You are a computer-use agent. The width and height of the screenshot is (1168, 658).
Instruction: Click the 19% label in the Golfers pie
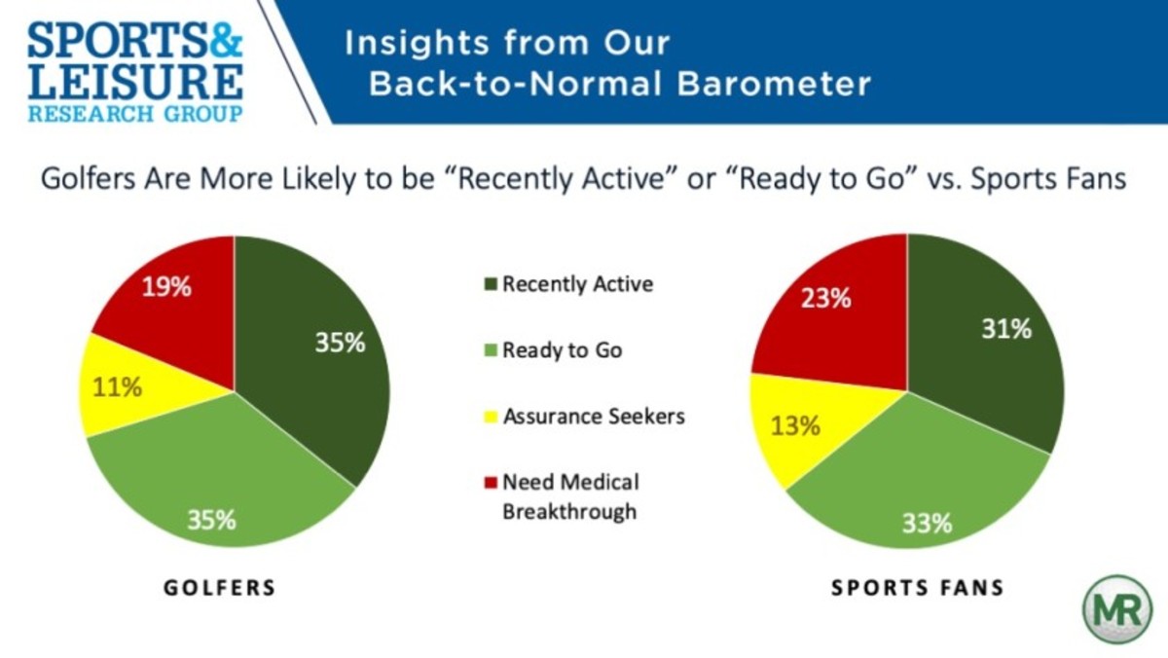[166, 287]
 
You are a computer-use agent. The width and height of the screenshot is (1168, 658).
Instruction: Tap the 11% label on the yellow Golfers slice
[117, 387]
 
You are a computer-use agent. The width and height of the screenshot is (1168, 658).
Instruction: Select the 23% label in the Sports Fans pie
[826, 298]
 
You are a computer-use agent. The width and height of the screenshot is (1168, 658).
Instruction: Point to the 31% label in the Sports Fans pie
[1006, 329]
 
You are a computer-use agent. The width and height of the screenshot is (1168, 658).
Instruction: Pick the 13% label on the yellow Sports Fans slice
[795, 426]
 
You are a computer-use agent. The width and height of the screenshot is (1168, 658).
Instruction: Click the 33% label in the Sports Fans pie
[927, 523]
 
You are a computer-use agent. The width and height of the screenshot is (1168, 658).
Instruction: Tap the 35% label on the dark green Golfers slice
[340, 343]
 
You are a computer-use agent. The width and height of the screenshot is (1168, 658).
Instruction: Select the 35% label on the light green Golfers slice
[211, 520]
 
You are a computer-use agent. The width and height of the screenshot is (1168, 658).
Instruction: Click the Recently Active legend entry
[568, 284]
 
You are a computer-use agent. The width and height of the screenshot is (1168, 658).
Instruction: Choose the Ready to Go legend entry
[553, 350]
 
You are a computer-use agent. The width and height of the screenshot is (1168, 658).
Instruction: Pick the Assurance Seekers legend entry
[585, 417]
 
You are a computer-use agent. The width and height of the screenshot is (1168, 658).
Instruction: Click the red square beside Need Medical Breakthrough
[491, 482]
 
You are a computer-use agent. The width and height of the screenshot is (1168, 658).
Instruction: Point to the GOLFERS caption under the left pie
[220, 588]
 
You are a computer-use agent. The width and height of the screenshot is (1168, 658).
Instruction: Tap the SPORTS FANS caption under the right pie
[918, 588]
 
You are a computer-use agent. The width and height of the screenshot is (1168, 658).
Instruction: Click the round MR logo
[1117, 609]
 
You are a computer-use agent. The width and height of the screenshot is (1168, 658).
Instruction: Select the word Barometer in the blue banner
[774, 84]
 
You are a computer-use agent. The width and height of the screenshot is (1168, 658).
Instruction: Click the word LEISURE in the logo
[135, 82]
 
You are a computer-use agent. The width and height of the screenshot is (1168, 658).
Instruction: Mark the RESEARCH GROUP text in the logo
[135, 114]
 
